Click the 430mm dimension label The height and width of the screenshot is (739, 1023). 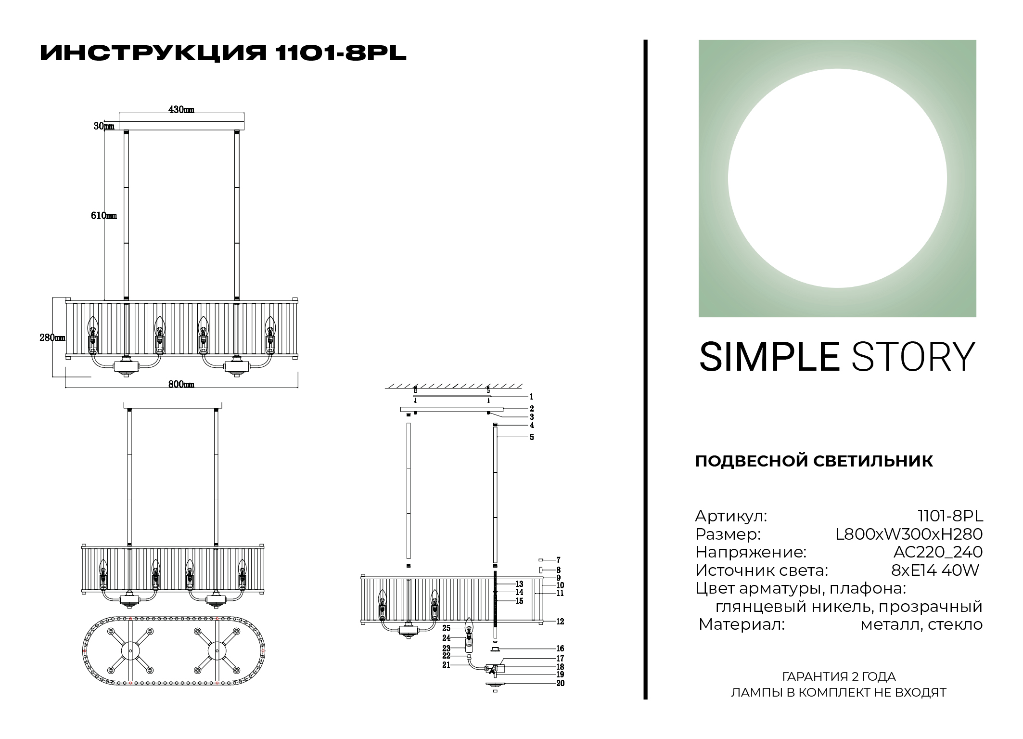181,110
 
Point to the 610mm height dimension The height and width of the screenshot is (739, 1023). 104,216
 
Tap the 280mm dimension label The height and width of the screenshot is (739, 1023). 52,337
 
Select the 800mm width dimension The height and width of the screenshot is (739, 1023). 181,384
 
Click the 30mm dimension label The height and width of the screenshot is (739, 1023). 104,126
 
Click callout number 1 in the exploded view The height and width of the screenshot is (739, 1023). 531,397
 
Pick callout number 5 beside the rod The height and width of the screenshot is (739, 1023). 532,437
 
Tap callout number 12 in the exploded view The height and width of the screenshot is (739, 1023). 560,622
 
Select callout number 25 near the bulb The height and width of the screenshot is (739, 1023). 446,628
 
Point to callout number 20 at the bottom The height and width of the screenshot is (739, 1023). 560,683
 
